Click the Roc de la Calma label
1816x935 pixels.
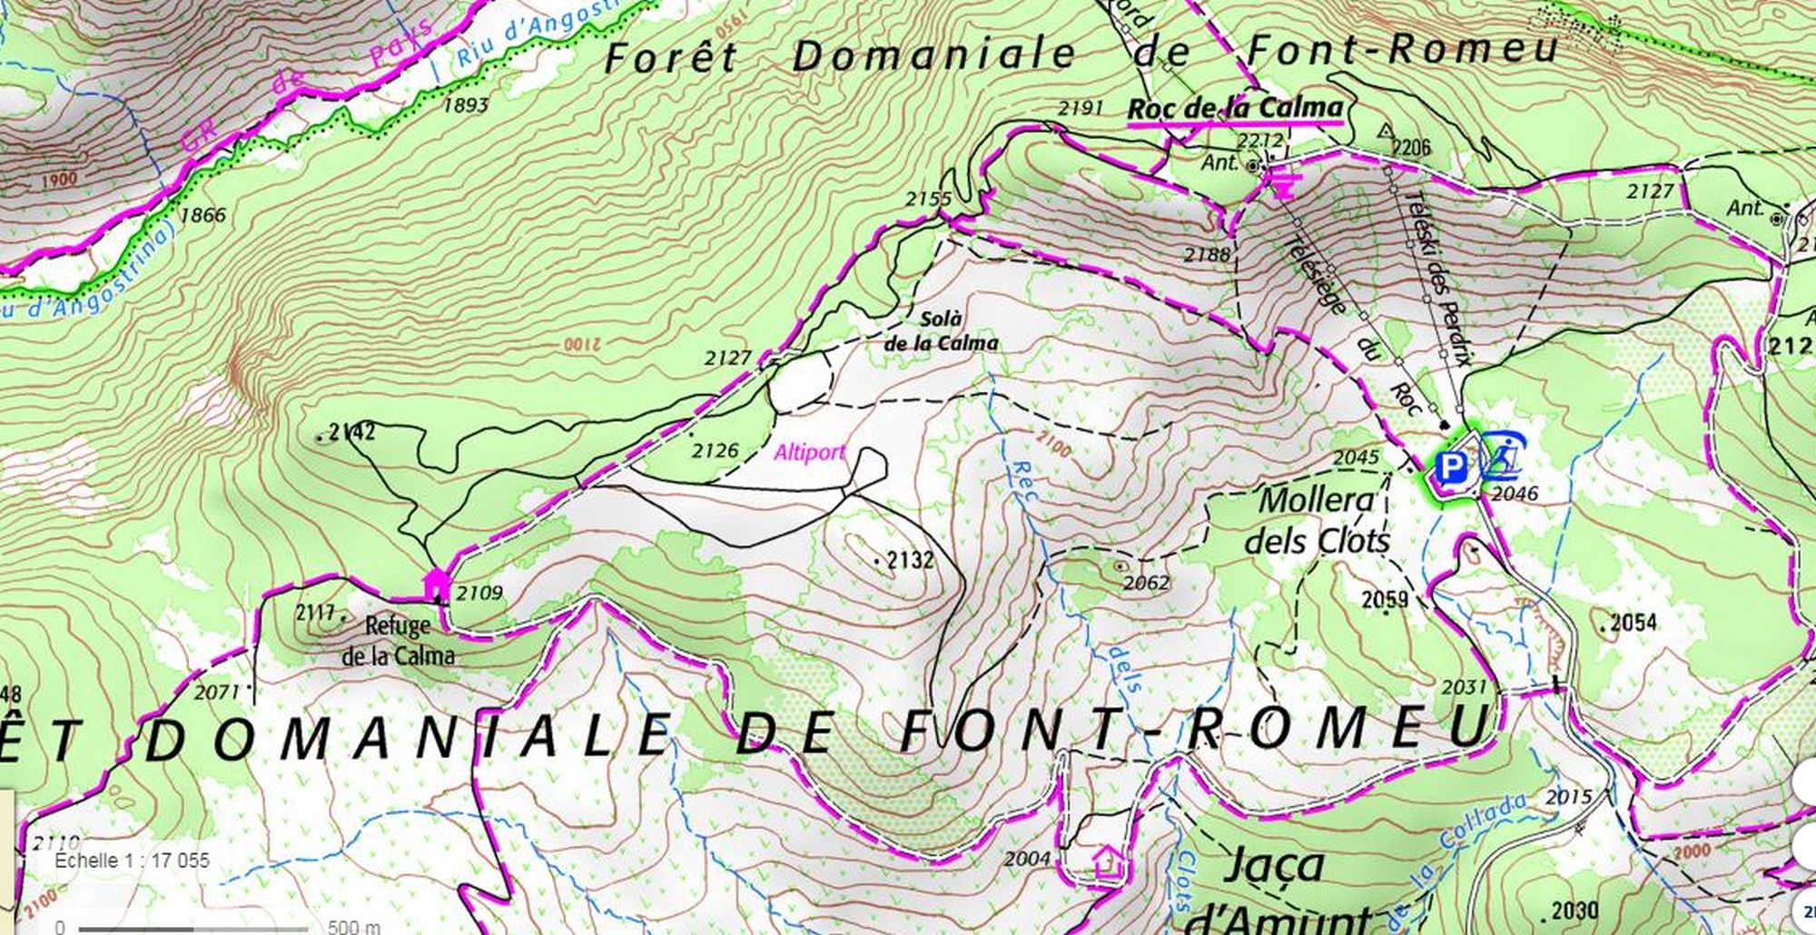point(1235,108)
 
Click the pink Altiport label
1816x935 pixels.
point(809,451)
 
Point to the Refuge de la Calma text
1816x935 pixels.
point(399,640)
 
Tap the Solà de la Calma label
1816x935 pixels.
point(941,331)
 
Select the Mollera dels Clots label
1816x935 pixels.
point(1317,520)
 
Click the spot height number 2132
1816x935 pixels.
point(910,560)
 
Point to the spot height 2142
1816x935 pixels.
point(351,432)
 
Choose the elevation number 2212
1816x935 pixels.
point(1261,141)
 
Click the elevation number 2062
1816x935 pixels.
point(1147,582)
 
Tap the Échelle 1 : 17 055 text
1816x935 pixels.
point(132,860)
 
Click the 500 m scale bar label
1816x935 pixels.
point(354,927)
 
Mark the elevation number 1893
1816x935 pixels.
point(466,105)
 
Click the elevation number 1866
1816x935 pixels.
point(202,215)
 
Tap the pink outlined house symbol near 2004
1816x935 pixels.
point(1108,860)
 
